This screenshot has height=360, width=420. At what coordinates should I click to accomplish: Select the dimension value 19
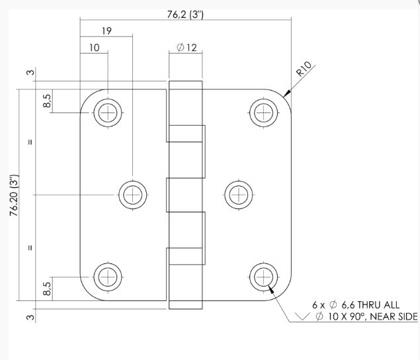106,31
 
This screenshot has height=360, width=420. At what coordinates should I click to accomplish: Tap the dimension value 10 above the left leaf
94,48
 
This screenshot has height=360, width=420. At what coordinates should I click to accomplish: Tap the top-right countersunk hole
263,112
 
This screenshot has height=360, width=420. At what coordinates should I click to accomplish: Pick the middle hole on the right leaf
238,195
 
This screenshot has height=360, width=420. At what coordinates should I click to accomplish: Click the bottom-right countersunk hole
263,276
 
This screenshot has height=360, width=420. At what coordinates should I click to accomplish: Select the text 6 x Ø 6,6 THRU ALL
356,305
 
